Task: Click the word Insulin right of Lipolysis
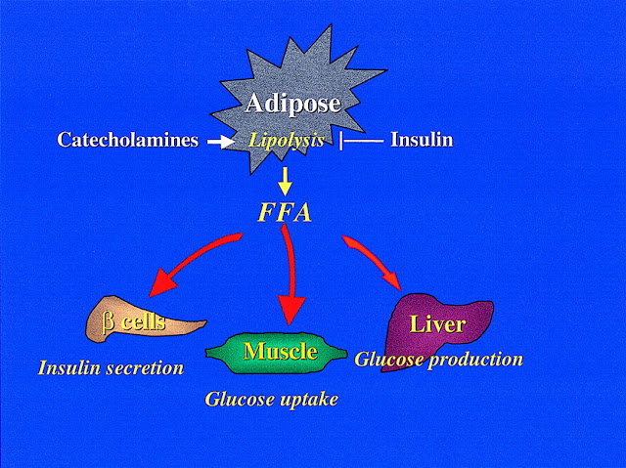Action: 422,141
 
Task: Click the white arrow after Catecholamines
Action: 221,142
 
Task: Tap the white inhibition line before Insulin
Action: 359,142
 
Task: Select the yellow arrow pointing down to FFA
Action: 284,179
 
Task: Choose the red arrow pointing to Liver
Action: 377,265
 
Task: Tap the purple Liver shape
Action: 437,318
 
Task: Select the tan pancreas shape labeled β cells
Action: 147,322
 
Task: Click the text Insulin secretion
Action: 111,368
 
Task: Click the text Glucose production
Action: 438,359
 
